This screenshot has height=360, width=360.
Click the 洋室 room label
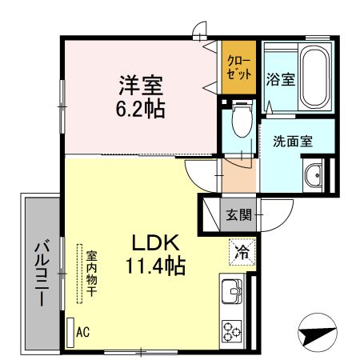[143, 84]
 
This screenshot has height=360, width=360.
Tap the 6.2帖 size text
[143, 107]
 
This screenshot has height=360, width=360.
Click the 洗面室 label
[293, 141]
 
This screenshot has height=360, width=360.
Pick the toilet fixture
[240, 122]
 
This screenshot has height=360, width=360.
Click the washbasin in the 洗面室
[313, 175]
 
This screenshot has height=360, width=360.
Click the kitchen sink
[232, 292]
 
